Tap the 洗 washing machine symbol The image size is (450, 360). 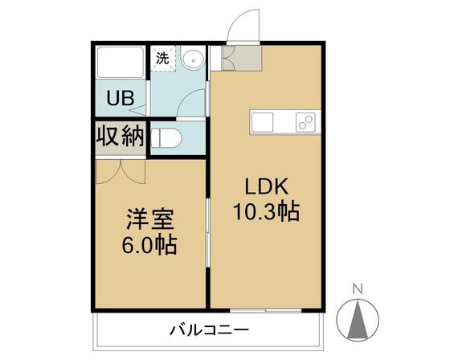tap(162, 58)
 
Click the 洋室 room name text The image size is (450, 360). tap(149, 219)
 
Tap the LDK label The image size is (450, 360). tap(265, 187)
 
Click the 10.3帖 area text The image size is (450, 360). tap(267, 212)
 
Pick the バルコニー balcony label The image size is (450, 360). tap(209, 329)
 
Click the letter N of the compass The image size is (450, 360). tap(360, 288)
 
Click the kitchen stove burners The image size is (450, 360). tap(305, 123)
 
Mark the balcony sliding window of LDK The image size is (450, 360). tap(265, 309)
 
